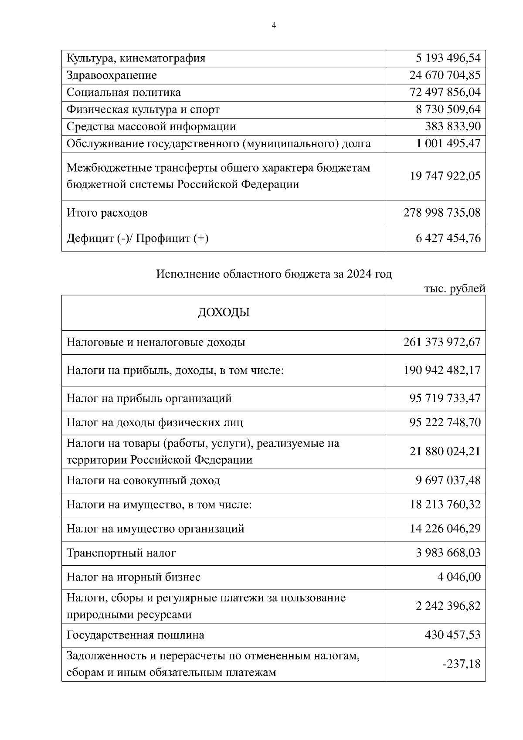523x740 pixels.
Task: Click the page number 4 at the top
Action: [273, 26]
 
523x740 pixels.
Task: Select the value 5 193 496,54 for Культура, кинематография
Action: [448, 58]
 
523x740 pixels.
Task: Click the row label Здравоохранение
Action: [112, 75]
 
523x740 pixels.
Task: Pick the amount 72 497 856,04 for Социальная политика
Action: [445, 92]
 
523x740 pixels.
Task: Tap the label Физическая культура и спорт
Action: [143, 109]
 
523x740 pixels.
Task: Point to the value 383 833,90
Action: [452, 126]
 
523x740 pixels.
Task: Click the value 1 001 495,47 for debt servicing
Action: [448, 143]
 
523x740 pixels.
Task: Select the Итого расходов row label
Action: [107, 213]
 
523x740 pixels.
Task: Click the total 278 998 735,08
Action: [442, 213]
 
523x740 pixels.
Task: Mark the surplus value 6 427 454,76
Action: [448, 238]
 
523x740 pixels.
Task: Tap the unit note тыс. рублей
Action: [454, 289]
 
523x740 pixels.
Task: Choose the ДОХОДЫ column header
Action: [224, 312]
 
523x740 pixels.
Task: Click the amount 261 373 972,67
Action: [442, 342]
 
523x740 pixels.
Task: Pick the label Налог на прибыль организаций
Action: [149, 398]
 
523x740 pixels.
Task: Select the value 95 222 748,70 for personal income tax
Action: [445, 422]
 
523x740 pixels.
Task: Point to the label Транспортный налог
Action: [121, 553]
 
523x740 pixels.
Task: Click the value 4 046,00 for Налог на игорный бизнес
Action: [458, 577]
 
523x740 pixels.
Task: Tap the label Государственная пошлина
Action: [135, 635]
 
